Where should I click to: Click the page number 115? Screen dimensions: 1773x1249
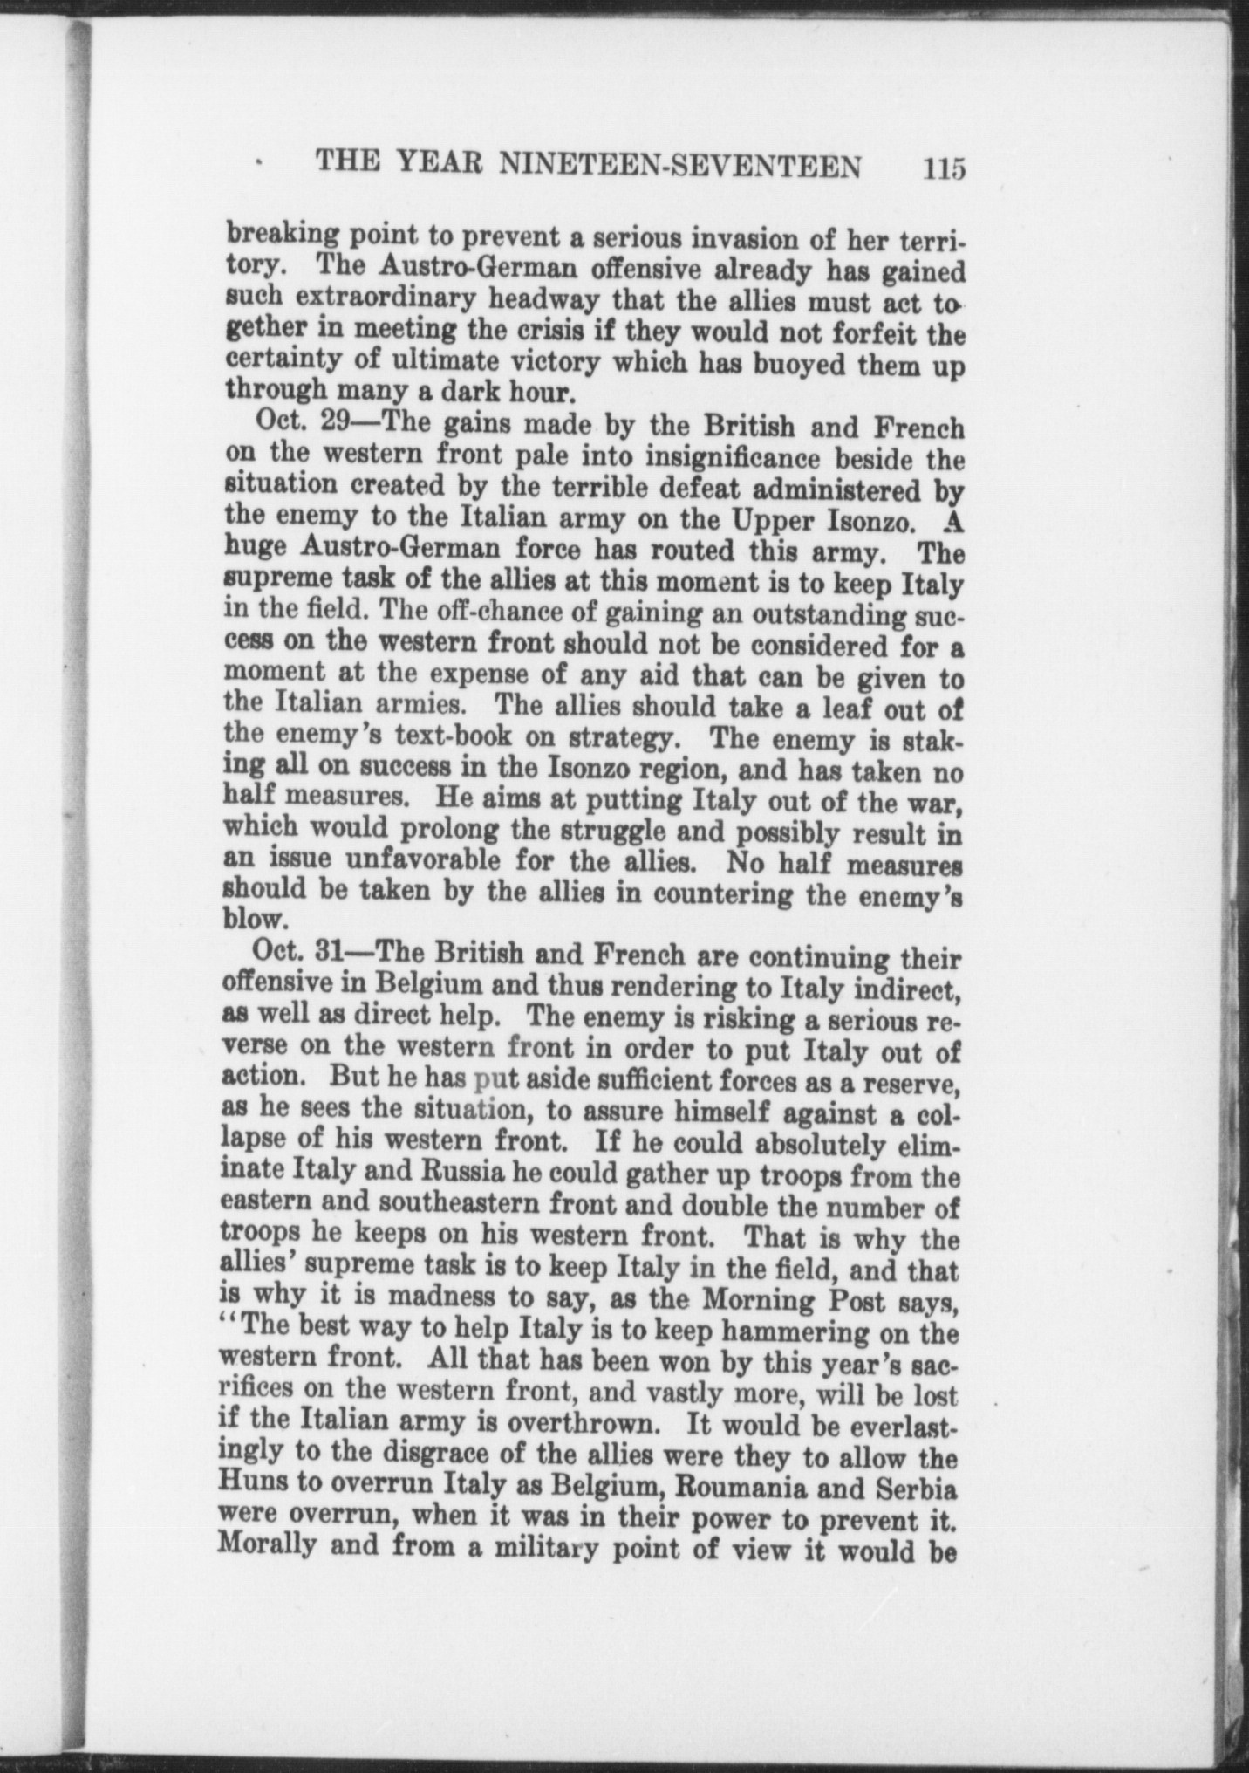[944, 167]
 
